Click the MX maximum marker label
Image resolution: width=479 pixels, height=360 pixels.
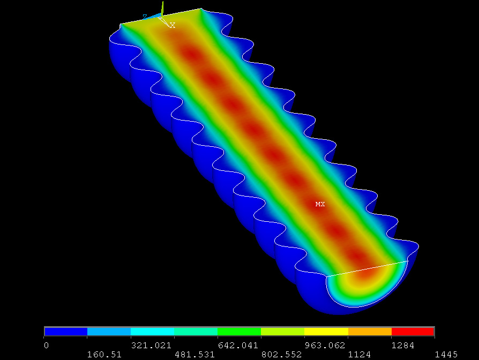(x=320, y=204)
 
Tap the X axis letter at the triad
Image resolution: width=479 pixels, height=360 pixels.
(x=173, y=25)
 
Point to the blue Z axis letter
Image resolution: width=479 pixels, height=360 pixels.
(x=145, y=17)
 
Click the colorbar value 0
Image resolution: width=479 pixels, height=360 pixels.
(x=46, y=346)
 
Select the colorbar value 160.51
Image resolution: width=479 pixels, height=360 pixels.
(x=104, y=355)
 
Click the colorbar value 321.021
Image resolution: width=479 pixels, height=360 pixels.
(x=151, y=346)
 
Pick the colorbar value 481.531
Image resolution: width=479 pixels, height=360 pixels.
(x=194, y=355)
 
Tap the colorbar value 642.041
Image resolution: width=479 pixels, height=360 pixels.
(x=238, y=346)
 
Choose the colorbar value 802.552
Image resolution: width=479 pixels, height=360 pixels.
(x=281, y=355)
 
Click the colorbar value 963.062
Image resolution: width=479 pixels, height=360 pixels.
(x=325, y=346)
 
